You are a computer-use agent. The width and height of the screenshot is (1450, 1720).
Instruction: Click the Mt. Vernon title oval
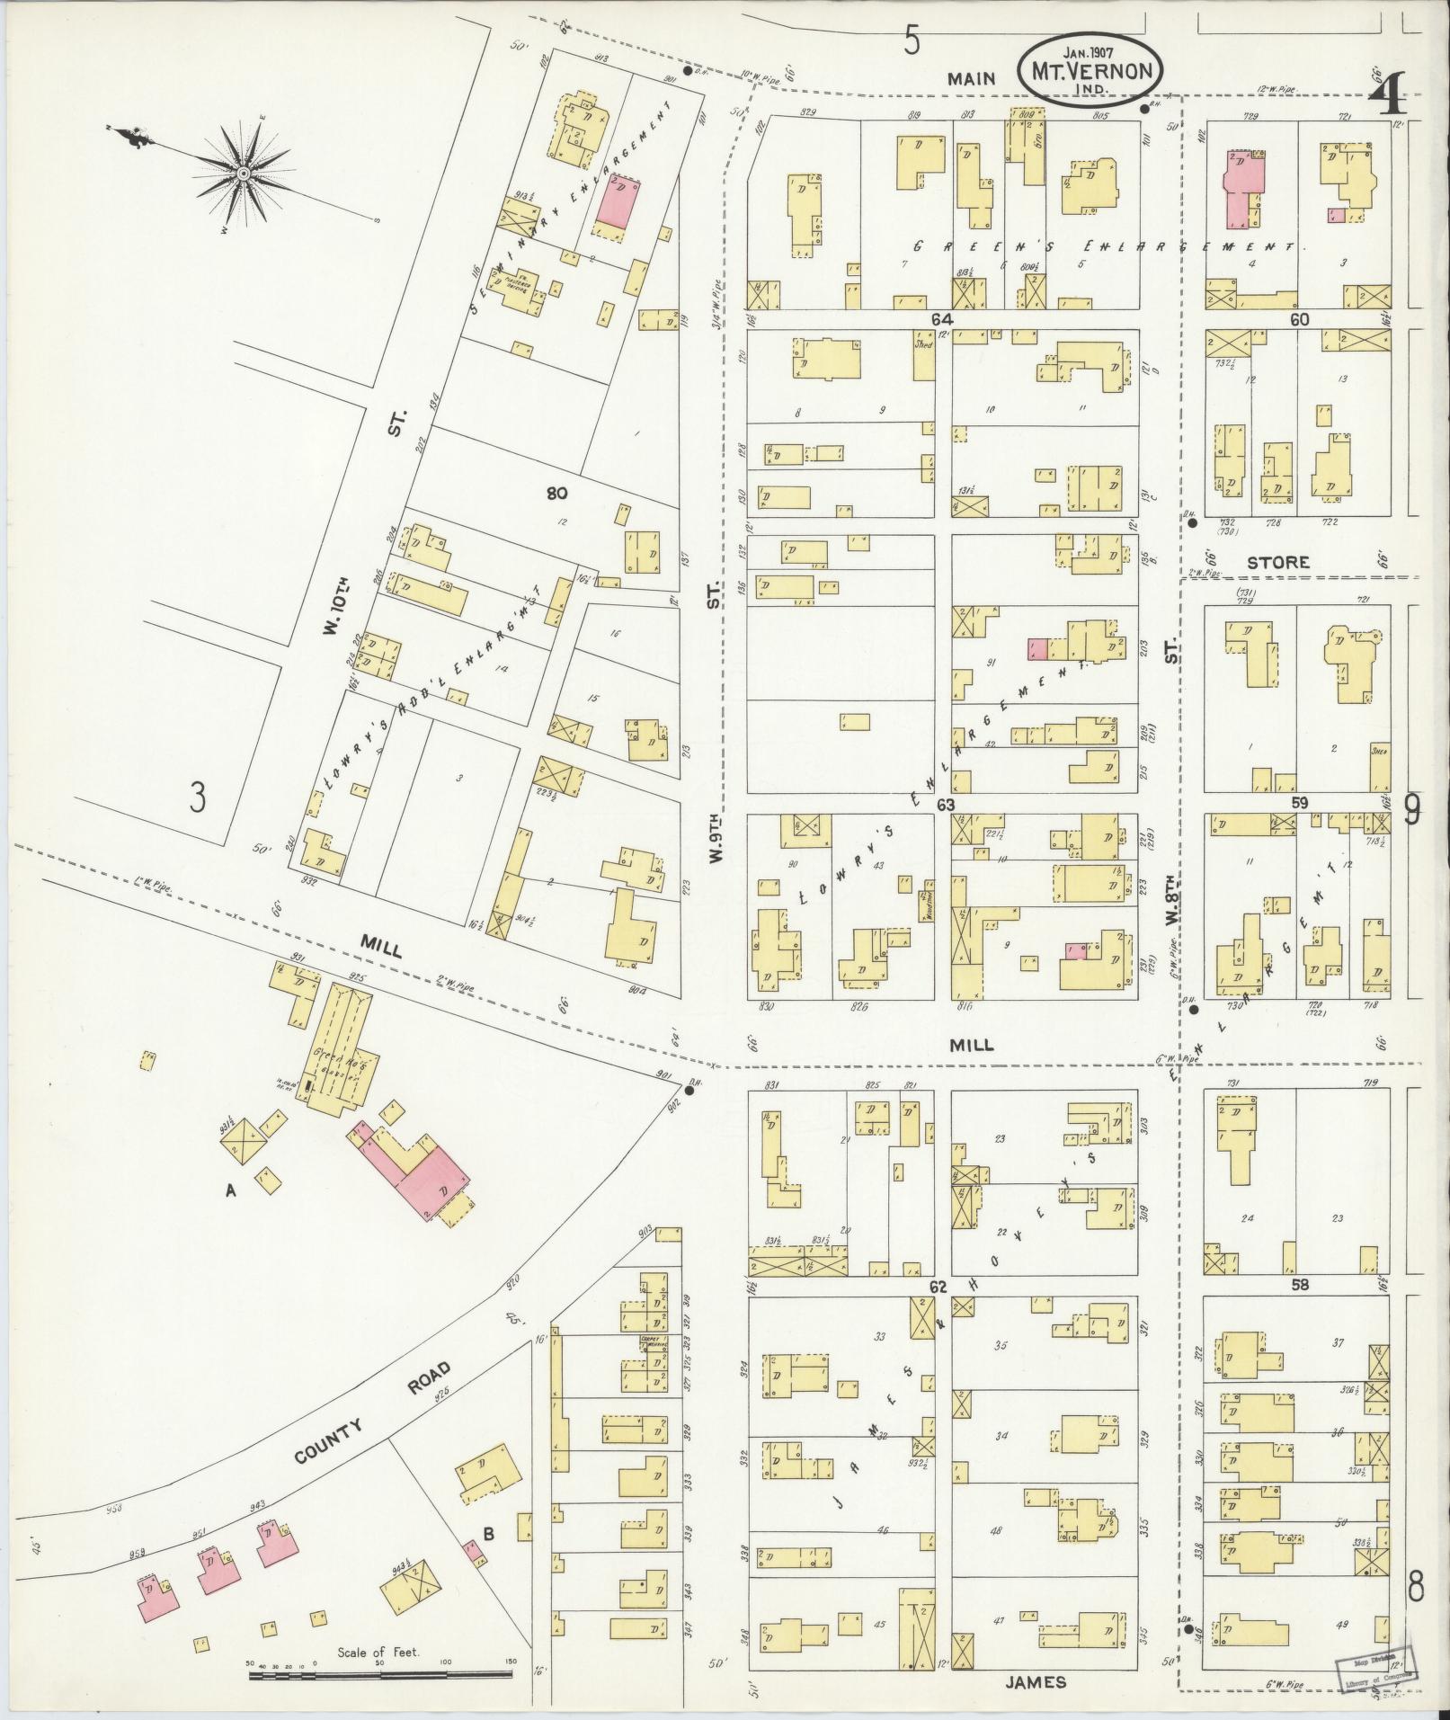point(1090,71)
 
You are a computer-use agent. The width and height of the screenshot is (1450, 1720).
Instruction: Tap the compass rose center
point(244,173)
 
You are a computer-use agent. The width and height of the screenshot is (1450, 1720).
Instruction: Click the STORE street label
point(1277,563)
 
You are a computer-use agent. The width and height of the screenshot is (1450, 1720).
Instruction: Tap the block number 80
point(556,493)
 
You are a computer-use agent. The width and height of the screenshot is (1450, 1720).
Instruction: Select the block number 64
point(941,319)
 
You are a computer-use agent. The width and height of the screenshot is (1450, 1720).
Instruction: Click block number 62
point(938,1288)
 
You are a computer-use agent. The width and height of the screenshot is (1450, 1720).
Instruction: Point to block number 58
point(1299,1286)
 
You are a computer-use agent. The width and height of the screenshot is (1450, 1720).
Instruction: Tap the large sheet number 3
point(198,798)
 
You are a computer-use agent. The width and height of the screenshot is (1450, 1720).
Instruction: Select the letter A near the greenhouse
point(231,1191)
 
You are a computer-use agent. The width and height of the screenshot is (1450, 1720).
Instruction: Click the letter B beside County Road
point(489,1534)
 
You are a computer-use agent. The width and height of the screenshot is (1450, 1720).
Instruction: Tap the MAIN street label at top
point(973,79)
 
